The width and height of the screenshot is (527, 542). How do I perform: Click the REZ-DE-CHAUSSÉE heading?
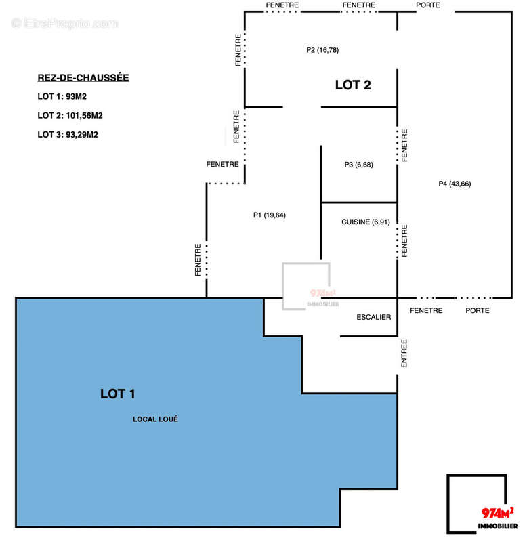coord(83,78)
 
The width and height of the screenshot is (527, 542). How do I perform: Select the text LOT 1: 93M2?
coord(63,96)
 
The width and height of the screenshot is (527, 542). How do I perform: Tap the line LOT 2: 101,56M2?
coord(70,115)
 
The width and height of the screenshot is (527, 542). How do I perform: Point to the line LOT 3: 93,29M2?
coord(68,134)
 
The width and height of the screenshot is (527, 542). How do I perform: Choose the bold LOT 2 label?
coord(353,85)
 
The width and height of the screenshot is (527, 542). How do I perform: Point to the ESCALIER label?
coord(374,316)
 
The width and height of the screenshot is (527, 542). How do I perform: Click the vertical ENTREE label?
coord(404,353)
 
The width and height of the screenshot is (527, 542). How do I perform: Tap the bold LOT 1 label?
coord(119,393)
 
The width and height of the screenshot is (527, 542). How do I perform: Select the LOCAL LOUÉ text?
coord(155,419)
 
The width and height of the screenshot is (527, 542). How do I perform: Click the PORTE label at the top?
coord(427,5)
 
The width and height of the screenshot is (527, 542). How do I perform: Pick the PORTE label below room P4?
coord(477,310)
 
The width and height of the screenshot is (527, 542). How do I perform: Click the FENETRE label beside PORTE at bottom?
coord(427,310)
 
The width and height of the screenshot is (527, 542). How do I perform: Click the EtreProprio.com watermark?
coord(65,24)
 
